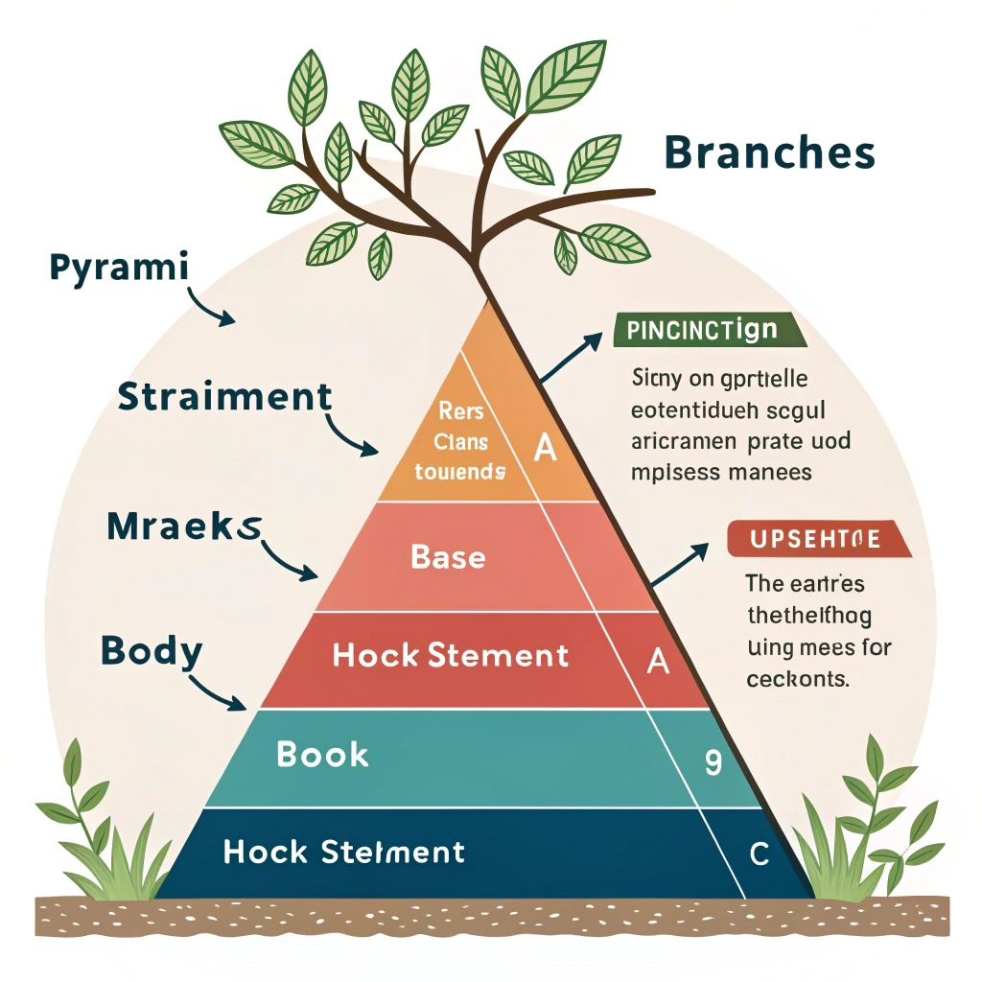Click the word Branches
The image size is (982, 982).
pyautogui.click(x=769, y=152)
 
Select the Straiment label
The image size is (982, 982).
pyautogui.click(x=225, y=396)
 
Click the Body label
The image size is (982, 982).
pyautogui.click(x=152, y=651)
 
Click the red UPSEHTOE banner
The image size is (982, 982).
pyautogui.click(x=819, y=539)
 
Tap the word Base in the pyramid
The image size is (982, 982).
pyautogui.click(x=448, y=556)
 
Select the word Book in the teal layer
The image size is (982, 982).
pyautogui.click(x=322, y=754)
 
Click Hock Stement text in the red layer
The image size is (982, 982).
pyautogui.click(x=450, y=656)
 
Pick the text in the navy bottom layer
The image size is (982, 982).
pyautogui.click(x=343, y=852)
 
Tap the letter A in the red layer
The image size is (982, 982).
pyautogui.click(x=658, y=661)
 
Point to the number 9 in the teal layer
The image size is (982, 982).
pyautogui.click(x=713, y=761)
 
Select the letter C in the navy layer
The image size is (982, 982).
pyautogui.click(x=759, y=854)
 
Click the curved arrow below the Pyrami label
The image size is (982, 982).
pyautogui.click(x=211, y=308)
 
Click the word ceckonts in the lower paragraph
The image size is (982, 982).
pyautogui.click(x=797, y=680)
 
